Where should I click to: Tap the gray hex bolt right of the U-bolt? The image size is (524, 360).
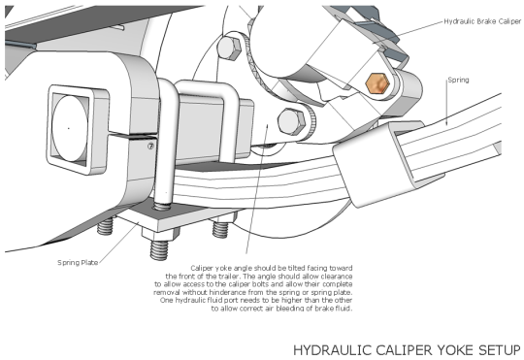pos(287,122)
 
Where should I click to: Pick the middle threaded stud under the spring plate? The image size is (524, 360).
pos(156,248)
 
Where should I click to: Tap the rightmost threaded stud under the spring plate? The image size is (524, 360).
pos(221,231)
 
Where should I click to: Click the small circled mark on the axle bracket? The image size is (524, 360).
pos(150,147)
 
